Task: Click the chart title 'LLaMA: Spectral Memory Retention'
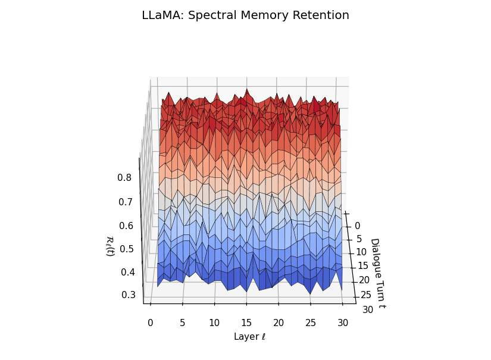[x=245, y=15]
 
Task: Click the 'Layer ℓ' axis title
[x=249, y=337]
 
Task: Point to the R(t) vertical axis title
[x=110, y=246]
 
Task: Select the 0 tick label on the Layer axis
[x=150, y=323]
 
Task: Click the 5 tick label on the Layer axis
[x=182, y=323]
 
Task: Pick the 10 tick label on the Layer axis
[x=214, y=323]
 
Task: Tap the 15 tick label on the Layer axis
[x=246, y=323]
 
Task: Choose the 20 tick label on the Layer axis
[x=279, y=323]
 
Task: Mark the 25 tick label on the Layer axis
[x=311, y=323]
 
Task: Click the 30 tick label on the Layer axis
[x=343, y=323]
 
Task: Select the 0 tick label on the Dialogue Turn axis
[x=357, y=226]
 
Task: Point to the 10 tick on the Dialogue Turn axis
[x=361, y=252]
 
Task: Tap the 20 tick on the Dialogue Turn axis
[x=364, y=280]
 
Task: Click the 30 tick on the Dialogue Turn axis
[x=368, y=309]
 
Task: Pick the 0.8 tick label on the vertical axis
[x=124, y=177]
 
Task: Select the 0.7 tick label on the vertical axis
[x=125, y=202]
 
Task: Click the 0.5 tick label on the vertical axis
[x=126, y=249]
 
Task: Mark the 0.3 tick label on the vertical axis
[x=127, y=295]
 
